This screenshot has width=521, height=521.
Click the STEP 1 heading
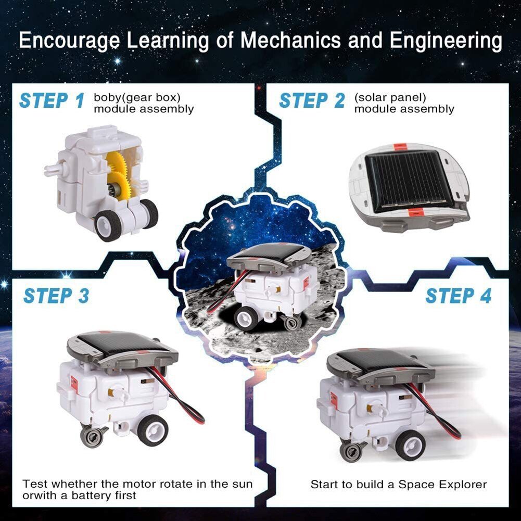pos(52,100)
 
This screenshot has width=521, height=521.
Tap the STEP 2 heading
pos(312,100)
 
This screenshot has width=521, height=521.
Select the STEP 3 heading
pos(56,296)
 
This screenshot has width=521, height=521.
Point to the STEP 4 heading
pos(458,296)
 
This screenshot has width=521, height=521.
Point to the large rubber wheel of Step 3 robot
pos(153,430)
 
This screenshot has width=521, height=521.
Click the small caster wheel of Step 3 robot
pos(92,436)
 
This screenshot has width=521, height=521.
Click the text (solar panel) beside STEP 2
pos(390,97)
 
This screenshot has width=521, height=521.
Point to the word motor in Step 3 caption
pos(126,484)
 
